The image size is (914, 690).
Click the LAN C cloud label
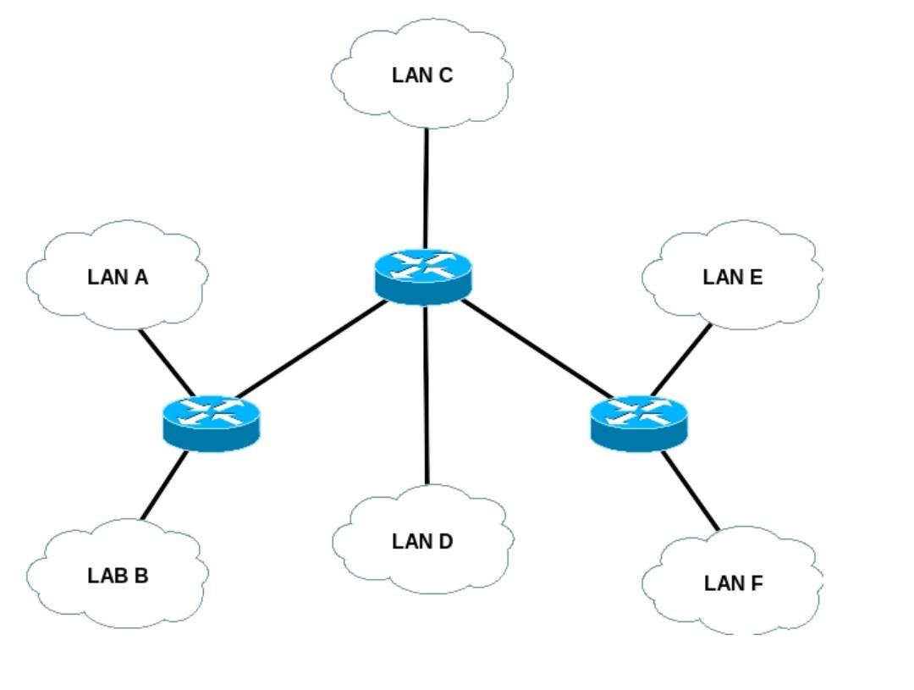[x=422, y=75]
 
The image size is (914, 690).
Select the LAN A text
[x=118, y=277]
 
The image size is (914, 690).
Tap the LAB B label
[x=118, y=576]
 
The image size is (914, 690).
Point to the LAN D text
[x=422, y=541]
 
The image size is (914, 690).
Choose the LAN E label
[x=733, y=277]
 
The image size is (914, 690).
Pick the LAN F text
[x=733, y=583]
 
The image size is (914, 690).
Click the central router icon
[x=422, y=274]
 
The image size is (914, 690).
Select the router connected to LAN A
[x=211, y=422]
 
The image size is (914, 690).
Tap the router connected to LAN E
[x=638, y=422]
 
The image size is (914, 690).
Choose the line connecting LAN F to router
[x=691, y=491]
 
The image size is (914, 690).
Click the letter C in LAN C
[x=446, y=75]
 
